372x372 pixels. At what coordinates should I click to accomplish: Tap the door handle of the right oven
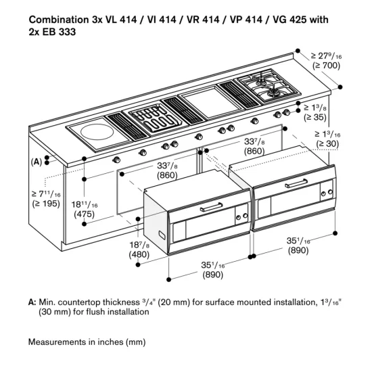point(298,185)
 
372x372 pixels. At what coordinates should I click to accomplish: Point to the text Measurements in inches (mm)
point(87,342)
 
